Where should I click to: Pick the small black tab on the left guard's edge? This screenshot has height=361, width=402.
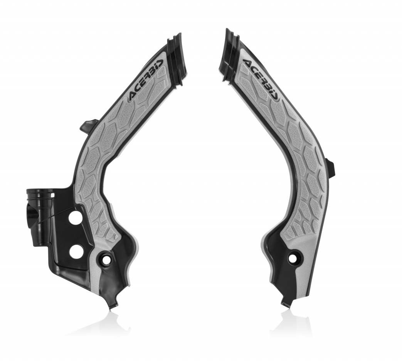point(88,126)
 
